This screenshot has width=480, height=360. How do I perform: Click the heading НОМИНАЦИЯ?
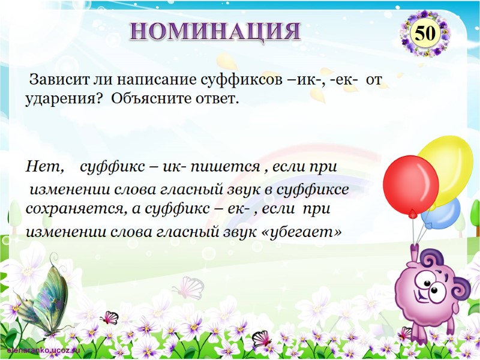[215, 30]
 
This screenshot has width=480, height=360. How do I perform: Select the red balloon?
[410, 184]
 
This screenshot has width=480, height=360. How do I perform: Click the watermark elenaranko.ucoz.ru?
[43, 349]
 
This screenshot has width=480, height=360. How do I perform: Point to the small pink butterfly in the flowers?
[109, 317]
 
